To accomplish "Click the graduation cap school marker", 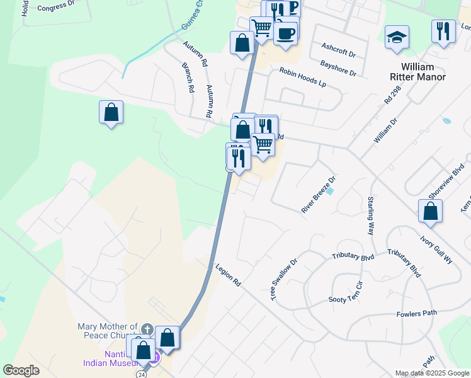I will click(x=397, y=37).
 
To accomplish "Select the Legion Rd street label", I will click(x=228, y=276).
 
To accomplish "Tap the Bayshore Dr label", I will click(x=338, y=68).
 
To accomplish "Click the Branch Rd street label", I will click(x=188, y=77).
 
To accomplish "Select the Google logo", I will click(x=21, y=370).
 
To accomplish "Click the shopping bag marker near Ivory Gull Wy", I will click(x=430, y=212).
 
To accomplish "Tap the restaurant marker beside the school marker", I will click(x=443, y=31).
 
